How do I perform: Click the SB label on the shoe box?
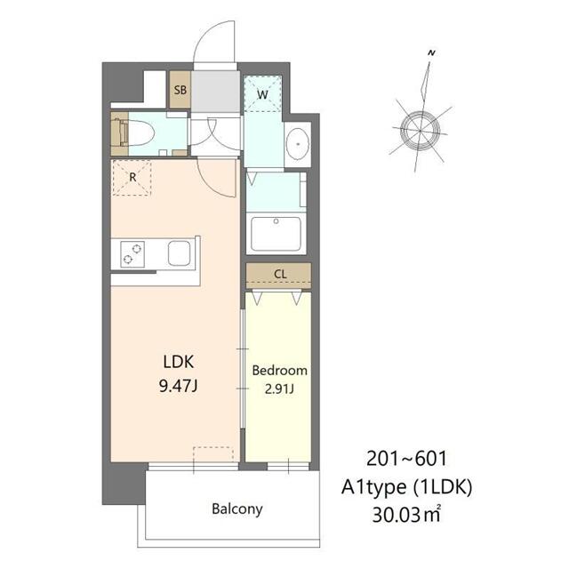coord(180,90)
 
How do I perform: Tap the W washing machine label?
coord(262,95)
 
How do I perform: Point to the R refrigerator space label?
coord(132,178)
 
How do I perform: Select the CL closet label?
coord(280,274)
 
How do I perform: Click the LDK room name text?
coord(179,362)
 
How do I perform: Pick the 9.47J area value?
coord(178,386)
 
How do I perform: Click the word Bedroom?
coord(279,371)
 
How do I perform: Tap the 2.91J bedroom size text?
coord(279,389)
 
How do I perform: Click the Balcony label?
coord(237,509)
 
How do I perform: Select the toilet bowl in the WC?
coord(140,133)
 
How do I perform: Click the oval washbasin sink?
coord(298,144)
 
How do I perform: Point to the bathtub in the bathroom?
coord(276,234)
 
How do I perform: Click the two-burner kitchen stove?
coord(132,254)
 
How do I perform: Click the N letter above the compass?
coord(431,53)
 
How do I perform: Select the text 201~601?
coord(406,459)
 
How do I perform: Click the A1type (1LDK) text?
coord(407,487)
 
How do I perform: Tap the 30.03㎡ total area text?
coord(406,515)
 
